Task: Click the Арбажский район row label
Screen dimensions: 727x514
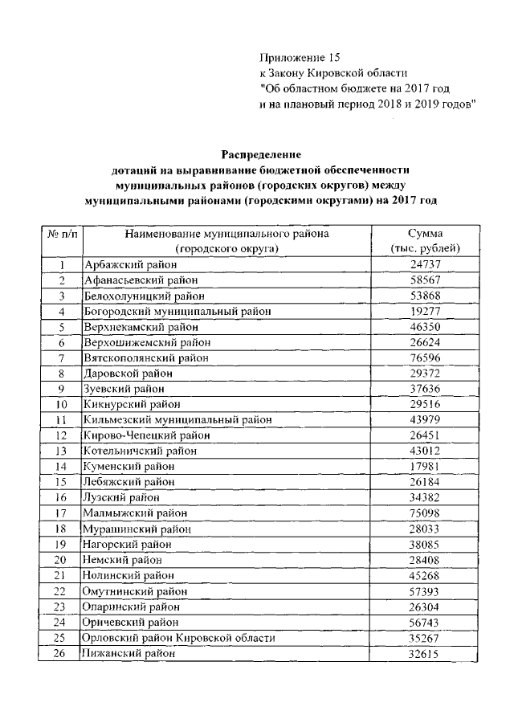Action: pyautogui.click(x=130, y=264)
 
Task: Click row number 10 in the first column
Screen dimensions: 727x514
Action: pyautogui.click(x=61, y=404)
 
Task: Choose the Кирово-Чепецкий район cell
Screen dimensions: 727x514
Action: pyautogui.click(x=146, y=435)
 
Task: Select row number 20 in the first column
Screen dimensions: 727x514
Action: pyautogui.click(x=61, y=560)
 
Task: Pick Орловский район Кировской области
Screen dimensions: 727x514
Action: pyautogui.click(x=179, y=639)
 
